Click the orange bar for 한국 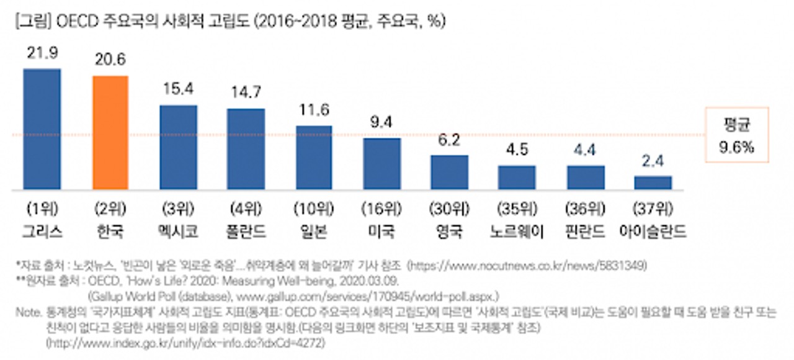pyautogui.click(x=110, y=133)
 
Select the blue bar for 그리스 pyautogui.click(x=42, y=129)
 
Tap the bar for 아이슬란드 pyautogui.click(x=653, y=182)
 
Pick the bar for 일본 pyautogui.click(x=314, y=158)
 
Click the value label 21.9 pyautogui.click(x=42, y=54)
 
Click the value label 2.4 pyautogui.click(x=653, y=161)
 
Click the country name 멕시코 pyautogui.click(x=178, y=232)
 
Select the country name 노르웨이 pyautogui.click(x=517, y=232)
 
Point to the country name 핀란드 pyautogui.click(x=585, y=232)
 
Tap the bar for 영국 pyautogui.click(x=449, y=173)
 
